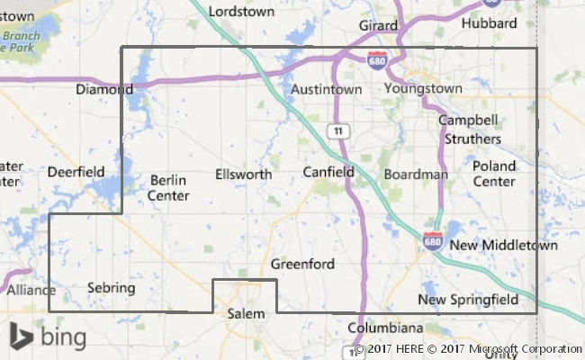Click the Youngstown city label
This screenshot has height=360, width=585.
coord(422,89)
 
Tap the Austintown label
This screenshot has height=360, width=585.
coord(326,90)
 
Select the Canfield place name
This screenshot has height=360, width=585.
coord(328,171)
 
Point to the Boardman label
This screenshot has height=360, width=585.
coord(415,174)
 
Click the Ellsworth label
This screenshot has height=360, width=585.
coord(243,174)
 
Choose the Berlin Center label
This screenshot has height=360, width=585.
coord(169,187)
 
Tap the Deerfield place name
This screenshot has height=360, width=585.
coord(76,171)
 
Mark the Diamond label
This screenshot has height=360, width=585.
coord(104,90)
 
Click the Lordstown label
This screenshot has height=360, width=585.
coord(241,12)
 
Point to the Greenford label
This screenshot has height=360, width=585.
coord(302,264)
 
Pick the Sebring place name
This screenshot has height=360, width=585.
coord(111,288)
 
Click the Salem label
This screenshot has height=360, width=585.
coord(246,313)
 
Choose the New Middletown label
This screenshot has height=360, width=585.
coord(503,245)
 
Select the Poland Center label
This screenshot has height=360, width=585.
coord(494,173)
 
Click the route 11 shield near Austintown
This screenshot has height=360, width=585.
coord(337,131)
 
